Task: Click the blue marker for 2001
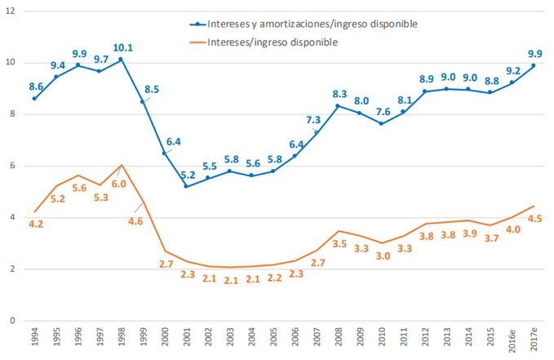click(186, 186)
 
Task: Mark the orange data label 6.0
click(119, 184)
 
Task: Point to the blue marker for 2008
click(338, 106)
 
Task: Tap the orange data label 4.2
click(36, 223)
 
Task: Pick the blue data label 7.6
click(382, 112)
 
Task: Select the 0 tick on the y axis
click(10, 321)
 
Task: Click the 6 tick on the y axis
click(10, 166)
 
